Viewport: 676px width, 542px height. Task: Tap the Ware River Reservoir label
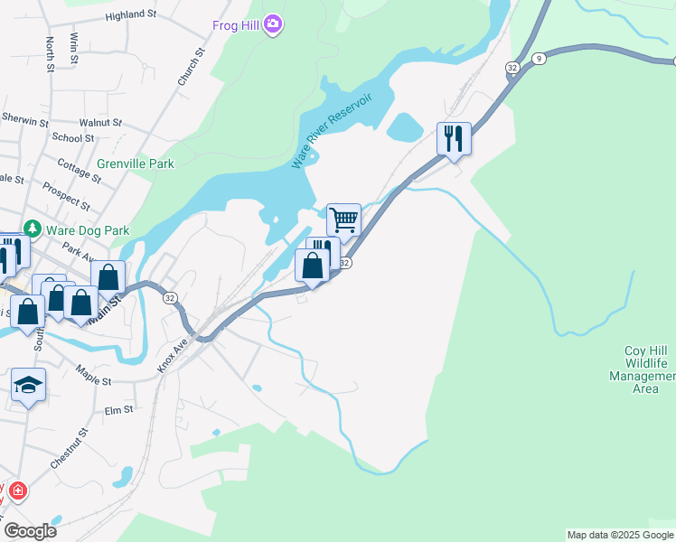(332, 130)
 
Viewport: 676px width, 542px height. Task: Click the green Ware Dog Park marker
(33, 229)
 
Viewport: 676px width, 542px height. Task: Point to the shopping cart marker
(343, 219)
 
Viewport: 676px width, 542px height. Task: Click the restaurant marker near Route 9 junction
(454, 138)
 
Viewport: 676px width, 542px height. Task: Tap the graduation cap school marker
(29, 385)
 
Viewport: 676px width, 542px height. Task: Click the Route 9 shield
(539, 58)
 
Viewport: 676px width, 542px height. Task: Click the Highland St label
(130, 15)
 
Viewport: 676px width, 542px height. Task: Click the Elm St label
(118, 409)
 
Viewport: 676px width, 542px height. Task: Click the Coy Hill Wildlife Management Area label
(645, 369)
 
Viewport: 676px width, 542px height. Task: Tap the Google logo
(30, 531)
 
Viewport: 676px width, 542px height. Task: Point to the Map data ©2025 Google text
(620, 535)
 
